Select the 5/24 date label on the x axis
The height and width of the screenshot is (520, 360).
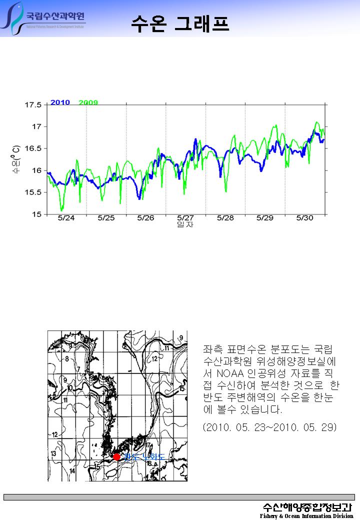click(x=66, y=218)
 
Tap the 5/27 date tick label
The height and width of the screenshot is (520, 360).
click(x=185, y=218)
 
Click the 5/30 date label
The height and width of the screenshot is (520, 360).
click(x=304, y=218)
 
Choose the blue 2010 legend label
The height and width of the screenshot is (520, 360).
click(x=60, y=102)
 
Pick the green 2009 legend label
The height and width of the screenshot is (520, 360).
click(x=88, y=102)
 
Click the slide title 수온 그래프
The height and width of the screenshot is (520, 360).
click(x=180, y=23)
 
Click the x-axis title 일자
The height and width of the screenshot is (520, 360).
click(x=185, y=225)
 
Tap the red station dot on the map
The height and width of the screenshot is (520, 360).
click(x=116, y=456)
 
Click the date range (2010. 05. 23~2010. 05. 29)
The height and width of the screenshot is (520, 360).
click(x=270, y=427)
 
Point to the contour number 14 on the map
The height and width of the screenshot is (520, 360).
click(x=73, y=471)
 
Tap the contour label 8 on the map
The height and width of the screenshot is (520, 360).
click(x=66, y=358)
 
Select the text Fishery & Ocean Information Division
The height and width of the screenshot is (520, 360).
click(x=306, y=516)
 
